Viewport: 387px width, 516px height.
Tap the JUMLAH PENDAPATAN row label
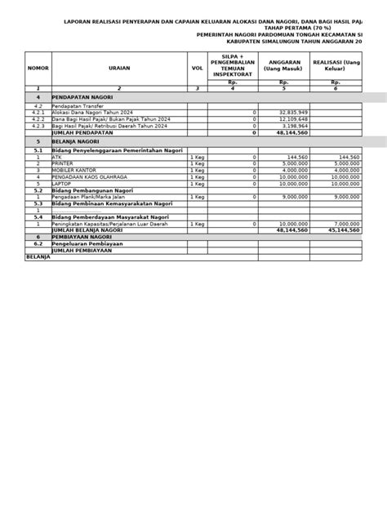(82, 133)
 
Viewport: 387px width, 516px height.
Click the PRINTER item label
(62, 163)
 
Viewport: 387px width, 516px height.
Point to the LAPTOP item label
(61, 184)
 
